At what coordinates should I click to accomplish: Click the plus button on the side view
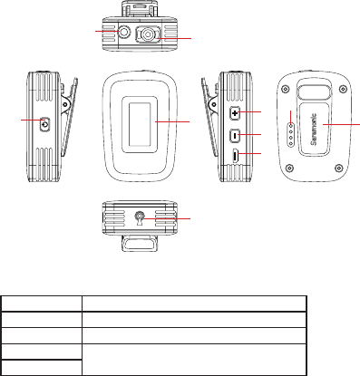[235, 113]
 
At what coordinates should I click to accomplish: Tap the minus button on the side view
[235, 135]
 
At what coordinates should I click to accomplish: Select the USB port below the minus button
[236, 157]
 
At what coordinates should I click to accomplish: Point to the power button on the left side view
[45, 124]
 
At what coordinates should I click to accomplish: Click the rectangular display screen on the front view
[140, 124]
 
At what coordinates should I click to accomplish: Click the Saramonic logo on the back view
[314, 130]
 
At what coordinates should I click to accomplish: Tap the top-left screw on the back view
[284, 89]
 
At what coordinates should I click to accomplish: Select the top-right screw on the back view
[343, 89]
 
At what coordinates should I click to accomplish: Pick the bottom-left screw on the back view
[289, 167]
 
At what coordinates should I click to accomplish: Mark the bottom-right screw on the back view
[339, 167]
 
